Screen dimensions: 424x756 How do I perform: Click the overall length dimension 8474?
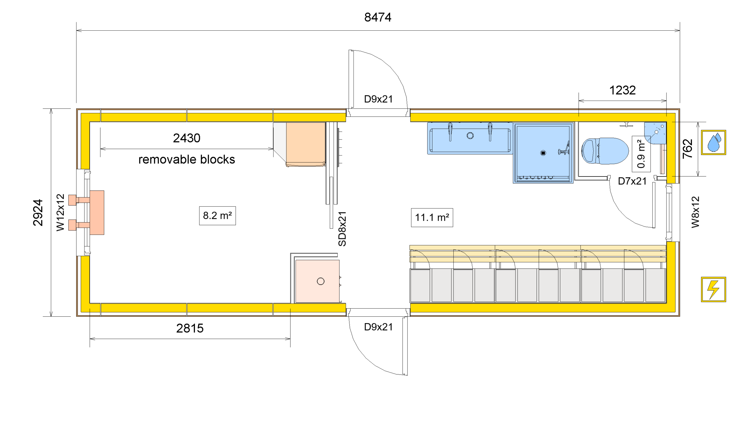(377, 17)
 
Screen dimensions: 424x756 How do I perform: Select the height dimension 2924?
(38, 213)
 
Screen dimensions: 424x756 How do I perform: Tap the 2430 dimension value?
(187, 138)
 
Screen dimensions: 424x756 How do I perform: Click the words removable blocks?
(187, 160)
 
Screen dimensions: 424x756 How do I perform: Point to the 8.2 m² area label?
(217, 216)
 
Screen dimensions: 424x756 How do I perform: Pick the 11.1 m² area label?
(432, 218)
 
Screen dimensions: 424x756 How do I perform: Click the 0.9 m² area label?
(641, 154)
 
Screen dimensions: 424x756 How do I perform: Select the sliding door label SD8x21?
(342, 229)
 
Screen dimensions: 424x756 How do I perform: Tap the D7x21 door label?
(632, 181)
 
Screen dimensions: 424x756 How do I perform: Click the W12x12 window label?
(60, 212)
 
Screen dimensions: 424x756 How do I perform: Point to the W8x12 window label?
(695, 212)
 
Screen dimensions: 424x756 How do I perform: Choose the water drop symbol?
(713, 143)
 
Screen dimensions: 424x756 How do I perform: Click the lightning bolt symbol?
(713, 289)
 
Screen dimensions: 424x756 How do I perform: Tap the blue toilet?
(605, 151)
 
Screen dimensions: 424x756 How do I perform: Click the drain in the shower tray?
(543, 153)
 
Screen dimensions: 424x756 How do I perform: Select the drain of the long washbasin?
(470, 135)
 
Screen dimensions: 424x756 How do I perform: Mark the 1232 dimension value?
(622, 90)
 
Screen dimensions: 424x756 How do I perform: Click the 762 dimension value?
(688, 149)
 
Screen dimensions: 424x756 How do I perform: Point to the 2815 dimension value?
(190, 328)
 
